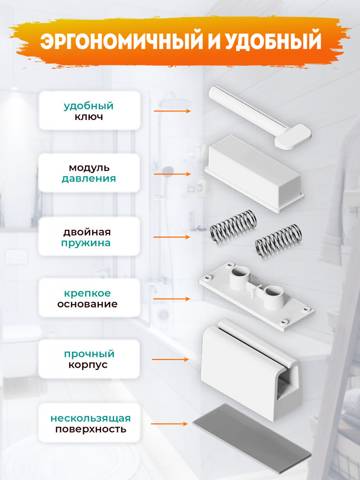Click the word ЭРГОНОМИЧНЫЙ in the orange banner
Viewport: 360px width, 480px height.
tap(121, 41)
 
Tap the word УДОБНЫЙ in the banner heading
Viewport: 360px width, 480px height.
tap(274, 41)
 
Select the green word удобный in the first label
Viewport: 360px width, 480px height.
tap(88, 106)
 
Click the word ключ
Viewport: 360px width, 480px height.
tap(89, 117)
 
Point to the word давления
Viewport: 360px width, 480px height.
tap(89, 179)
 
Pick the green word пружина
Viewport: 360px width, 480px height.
tap(86, 243)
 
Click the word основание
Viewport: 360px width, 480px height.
tap(87, 304)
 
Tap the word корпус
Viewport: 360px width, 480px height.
tap(88, 365)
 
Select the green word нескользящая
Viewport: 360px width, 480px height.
tap(91, 418)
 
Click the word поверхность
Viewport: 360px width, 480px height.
tap(91, 429)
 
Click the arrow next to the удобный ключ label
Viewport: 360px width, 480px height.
tap(172, 111)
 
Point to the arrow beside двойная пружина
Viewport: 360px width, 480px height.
tap(172, 237)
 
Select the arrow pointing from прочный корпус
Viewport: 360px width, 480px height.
tap(170, 360)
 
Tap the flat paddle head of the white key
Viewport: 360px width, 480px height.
tap(293, 136)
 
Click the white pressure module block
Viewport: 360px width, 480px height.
tap(254, 173)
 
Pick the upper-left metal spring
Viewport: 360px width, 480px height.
tap(233, 228)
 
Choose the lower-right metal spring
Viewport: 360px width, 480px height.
tap(278, 241)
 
